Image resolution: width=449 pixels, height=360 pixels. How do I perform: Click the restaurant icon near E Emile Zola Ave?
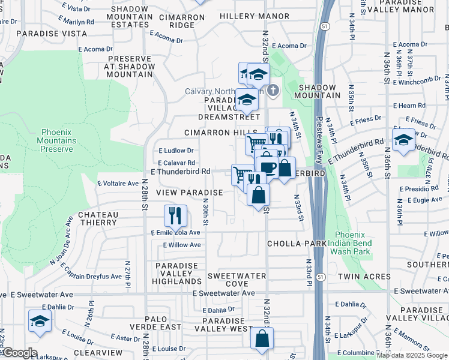coord(175,215)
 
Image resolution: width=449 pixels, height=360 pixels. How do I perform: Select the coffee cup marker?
coord(267,167)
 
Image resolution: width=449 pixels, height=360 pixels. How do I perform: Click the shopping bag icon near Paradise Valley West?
coord(262,339)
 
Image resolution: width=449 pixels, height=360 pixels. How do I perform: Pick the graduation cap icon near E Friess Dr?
coord(404,140)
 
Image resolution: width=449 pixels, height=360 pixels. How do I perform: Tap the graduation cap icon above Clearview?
coord(40,321)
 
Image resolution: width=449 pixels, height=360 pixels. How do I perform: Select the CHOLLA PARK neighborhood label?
coord(297,244)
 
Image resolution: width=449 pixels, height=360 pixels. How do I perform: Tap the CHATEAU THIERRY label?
coord(97,218)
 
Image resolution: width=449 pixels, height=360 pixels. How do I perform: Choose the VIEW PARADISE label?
coord(190,193)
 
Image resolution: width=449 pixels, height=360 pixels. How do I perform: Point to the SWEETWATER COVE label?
coord(228,280)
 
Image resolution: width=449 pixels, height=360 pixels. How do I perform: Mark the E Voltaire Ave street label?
coord(118,183)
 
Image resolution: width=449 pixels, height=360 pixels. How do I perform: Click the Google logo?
coord(20,353)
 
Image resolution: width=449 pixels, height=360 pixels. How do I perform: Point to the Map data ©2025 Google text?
coord(412,355)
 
